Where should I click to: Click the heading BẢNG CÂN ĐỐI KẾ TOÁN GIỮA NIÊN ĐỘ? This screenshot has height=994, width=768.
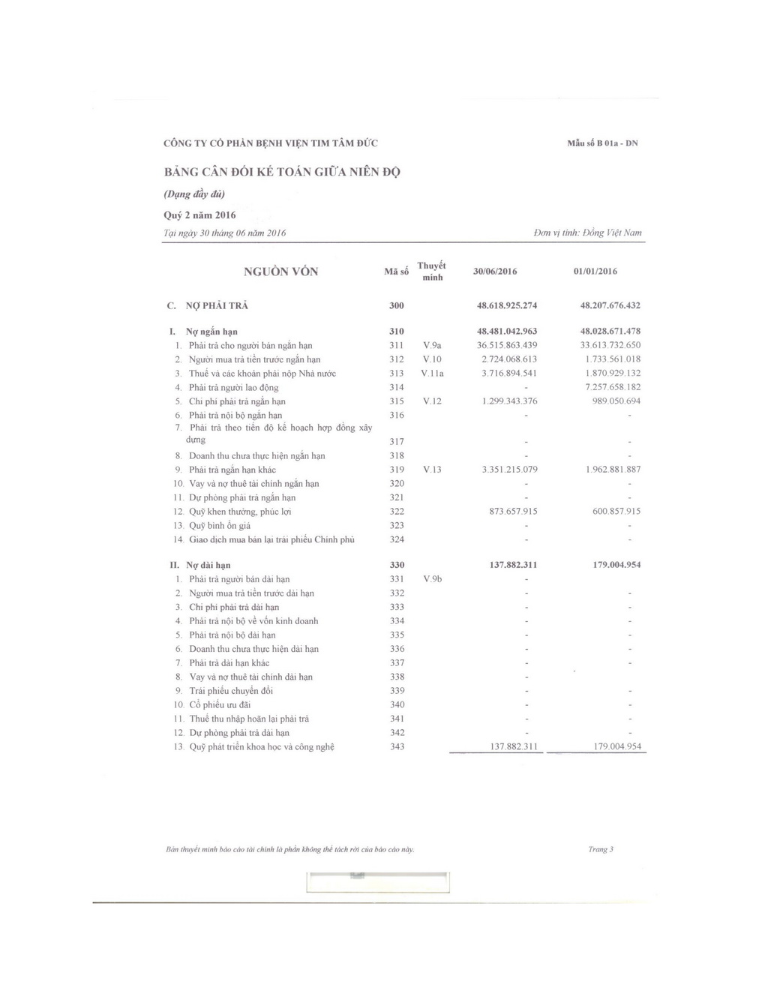point(282,172)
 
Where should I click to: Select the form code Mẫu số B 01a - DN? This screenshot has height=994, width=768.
point(602,143)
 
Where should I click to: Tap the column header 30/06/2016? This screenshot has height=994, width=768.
point(495,272)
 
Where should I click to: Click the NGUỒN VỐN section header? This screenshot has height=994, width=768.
point(280,272)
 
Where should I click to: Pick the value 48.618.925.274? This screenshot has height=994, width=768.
point(507,306)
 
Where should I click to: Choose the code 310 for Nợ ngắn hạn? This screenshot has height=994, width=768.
point(397,332)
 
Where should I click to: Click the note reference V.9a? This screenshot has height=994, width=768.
point(432,345)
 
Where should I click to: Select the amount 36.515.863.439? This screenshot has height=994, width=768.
point(507,345)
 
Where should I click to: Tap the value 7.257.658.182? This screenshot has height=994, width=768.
point(612,387)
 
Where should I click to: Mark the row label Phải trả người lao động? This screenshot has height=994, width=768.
point(233,388)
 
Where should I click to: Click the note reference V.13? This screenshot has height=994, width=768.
point(432,470)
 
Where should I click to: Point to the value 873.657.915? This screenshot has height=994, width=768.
point(513,512)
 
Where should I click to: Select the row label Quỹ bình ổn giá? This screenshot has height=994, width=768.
point(221,526)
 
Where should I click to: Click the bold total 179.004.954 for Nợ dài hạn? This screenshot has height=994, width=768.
point(616,565)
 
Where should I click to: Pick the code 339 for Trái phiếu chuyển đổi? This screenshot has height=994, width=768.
point(397,691)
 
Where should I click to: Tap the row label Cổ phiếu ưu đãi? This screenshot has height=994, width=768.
point(220,705)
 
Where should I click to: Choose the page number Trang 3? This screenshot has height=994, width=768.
point(601,849)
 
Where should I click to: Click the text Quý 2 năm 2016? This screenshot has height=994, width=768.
point(199,215)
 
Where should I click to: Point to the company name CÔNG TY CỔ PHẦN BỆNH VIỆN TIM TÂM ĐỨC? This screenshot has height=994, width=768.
point(271,143)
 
